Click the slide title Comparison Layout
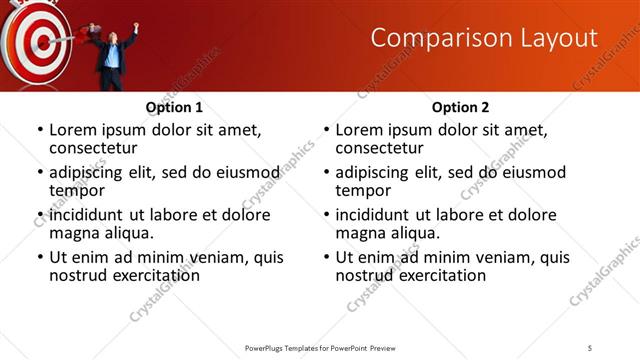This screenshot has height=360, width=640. (x=484, y=39)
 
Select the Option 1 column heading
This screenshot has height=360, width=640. (x=174, y=107)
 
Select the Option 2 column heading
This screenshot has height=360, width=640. (x=461, y=107)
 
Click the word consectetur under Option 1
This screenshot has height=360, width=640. (x=96, y=149)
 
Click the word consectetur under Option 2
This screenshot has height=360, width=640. (x=382, y=149)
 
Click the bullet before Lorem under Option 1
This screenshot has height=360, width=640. (x=40, y=130)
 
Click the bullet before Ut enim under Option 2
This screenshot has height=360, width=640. (x=326, y=257)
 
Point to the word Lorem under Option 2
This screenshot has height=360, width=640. (x=360, y=129)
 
